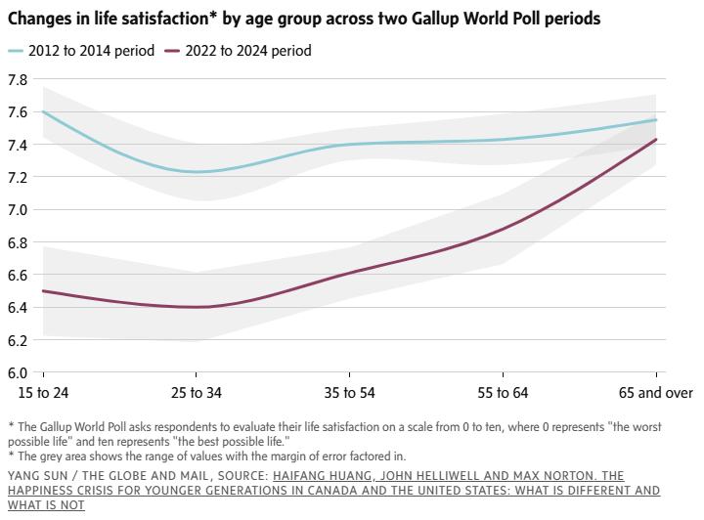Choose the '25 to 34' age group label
coord(197,393)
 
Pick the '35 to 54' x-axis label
coord(349,393)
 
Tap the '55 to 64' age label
coord(502,393)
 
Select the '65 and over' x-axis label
coord(654,393)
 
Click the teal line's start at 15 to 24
coord(44,111)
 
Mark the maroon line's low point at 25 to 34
coord(197,307)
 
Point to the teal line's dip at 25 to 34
coord(197,172)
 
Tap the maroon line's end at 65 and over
coord(655,139)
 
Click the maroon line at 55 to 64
coord(502,229)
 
